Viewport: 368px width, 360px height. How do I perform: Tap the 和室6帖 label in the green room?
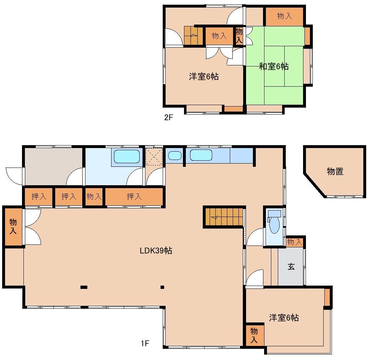[x=274, y=66]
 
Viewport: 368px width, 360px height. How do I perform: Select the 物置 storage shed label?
[x=335, y=172]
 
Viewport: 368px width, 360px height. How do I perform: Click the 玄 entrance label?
[x=291, y=267]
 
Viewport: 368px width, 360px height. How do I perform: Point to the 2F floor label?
[x=168, y=117]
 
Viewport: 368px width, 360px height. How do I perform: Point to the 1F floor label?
[x=145, y=343]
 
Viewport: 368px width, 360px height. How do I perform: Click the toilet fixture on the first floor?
[x=274, y=223]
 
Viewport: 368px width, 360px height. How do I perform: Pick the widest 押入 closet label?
[x=134, y=197]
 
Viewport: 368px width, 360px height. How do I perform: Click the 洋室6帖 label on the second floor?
[x=204, y=77]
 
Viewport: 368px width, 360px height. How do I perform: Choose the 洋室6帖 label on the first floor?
[x=284, y=318]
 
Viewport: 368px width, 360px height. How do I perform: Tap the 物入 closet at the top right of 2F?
[x=285, y=16]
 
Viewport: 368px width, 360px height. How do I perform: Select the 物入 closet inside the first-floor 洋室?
[x=254, y=335]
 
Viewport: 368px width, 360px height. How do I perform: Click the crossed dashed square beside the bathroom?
[x=154, y=156]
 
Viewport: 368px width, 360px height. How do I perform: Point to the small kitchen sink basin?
[x=175, y=156]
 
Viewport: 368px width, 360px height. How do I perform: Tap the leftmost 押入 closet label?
[x=39, y=197]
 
